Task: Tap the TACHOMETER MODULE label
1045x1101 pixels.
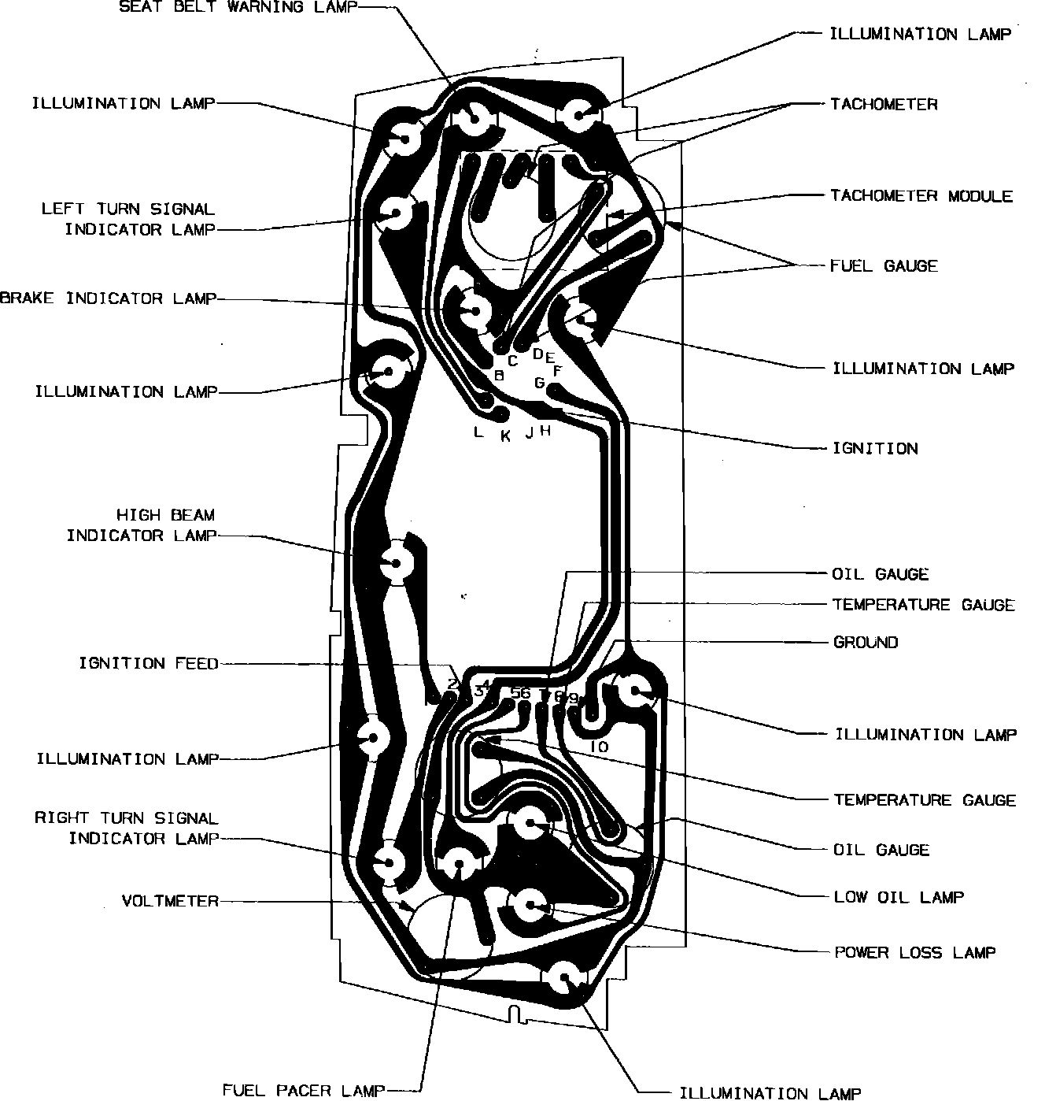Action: (x=921, y=195)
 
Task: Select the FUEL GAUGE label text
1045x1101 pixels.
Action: (x=884, y=265)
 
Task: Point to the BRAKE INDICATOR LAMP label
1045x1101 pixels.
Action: (x=108, y=298)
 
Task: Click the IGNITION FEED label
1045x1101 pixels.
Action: (x=149, y=663)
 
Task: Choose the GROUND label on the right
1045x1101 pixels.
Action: (x=865, y=642)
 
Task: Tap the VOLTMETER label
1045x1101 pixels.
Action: (x=170, y=900)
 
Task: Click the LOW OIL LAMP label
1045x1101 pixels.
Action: (x=899, y=896)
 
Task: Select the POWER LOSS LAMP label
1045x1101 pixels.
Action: (x=914, y=952)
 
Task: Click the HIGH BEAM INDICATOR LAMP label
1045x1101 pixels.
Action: (x=141, y=525)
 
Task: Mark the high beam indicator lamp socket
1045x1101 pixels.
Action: (x=396, y=562)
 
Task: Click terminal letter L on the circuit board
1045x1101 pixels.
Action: (x=478, y=432)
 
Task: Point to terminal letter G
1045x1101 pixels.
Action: (x=540, y=383)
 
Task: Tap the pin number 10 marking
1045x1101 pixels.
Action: (x=598, y=746)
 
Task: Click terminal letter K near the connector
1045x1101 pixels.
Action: (x=506, y=436)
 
